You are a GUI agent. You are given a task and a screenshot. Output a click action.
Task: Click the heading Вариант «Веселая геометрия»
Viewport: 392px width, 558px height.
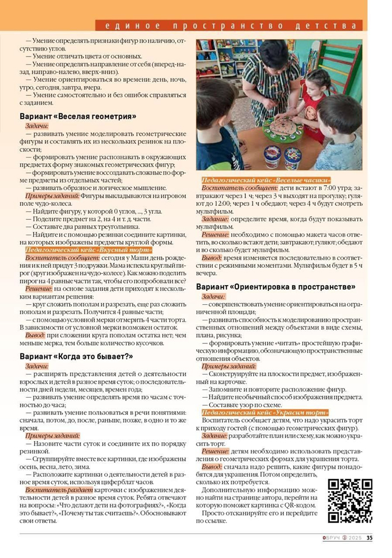78,116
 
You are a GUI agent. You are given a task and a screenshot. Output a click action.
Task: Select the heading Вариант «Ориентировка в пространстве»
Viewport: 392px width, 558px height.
275,287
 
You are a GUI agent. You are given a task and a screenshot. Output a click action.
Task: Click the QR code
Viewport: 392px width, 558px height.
350,500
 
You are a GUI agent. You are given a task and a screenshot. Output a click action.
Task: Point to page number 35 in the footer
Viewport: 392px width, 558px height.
370,538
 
